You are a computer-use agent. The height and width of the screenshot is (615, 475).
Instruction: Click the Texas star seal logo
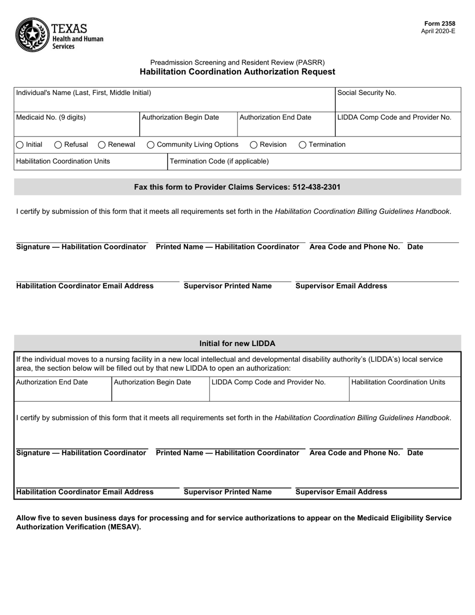point(32,34)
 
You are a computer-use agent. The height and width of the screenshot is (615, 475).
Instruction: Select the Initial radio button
point(19,145)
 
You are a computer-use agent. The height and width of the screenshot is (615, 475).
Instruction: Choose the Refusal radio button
point(58,145)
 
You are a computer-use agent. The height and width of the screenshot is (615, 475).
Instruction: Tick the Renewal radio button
point(101,145)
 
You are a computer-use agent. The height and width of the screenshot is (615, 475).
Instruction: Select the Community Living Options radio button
point(150,145)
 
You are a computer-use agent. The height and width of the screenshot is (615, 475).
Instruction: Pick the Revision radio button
point(253,145)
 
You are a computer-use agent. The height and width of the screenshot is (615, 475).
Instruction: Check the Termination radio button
point(302,145)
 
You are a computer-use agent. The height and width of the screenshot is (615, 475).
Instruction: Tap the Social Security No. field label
point(366,93)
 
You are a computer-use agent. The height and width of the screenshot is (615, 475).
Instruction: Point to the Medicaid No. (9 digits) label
point(51,117)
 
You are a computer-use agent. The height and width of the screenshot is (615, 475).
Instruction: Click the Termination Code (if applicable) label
point(219,161)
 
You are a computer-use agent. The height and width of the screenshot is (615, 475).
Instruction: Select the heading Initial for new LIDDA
point(237,343)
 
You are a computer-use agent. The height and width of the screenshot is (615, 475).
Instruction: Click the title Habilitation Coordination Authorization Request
point(237,72)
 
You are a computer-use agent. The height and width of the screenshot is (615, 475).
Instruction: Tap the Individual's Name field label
point(83,93)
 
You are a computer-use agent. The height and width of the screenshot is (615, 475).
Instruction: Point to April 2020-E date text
point(438,31)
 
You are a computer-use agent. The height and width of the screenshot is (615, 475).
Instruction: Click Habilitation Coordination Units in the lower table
point(398,382)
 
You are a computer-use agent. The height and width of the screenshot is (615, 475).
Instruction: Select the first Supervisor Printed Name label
point(227,286)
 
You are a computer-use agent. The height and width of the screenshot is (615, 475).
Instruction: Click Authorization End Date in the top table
point(275,117)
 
